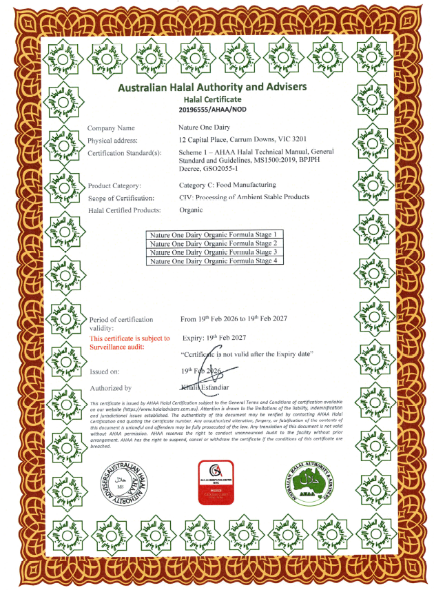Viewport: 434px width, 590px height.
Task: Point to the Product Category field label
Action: coord(114,185)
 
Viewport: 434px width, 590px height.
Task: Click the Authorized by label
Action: coord(110,389)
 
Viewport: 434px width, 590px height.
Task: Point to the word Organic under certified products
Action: coord(190,210)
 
